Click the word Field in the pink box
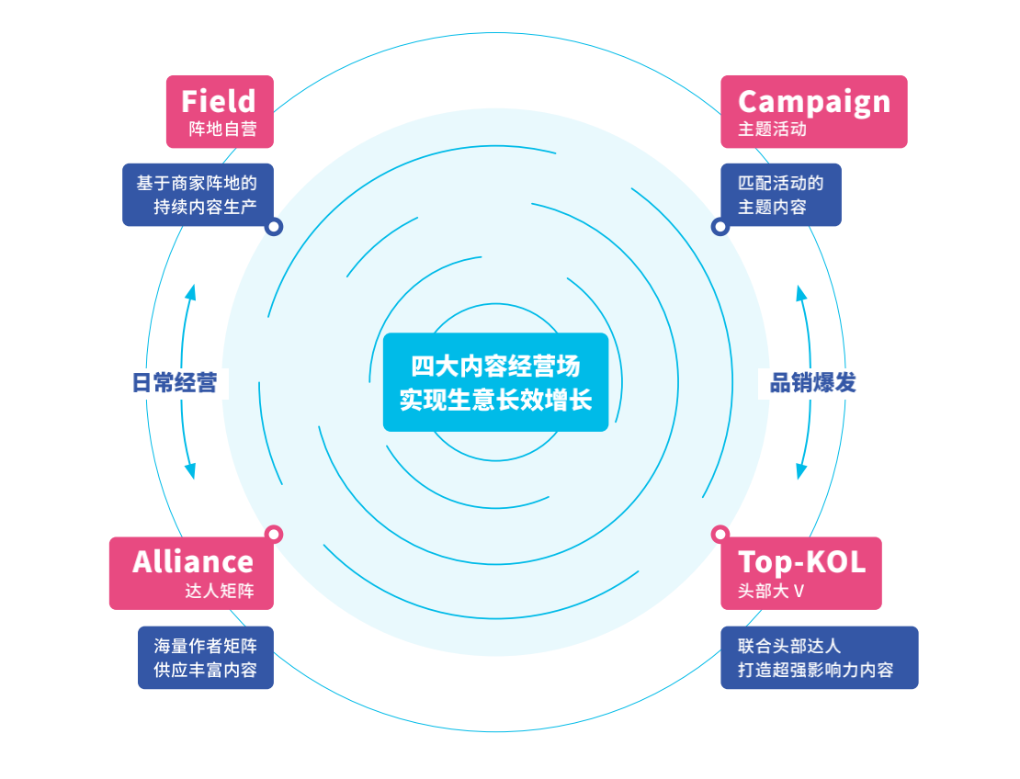pos(219,101)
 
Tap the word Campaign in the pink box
pos(813,101)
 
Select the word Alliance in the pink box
pos(193,561)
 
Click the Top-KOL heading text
pos(801,561)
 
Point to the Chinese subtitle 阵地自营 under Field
pos(222,130)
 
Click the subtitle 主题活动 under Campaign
pos(772,130)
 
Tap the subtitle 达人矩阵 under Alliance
pos(219,591)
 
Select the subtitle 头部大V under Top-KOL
pos(771,591)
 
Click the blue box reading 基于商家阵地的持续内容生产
pos(197,195)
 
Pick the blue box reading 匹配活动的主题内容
pos(780,195)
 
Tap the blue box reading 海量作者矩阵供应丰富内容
pos(206,658)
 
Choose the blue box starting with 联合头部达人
pos(819,658)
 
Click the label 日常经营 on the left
pos(175,383)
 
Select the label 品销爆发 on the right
pos(812,383)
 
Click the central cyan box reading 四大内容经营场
pos(495,382)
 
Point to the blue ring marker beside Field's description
pos(274,227)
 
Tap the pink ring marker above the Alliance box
pos(274,534)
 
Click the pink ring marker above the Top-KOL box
pos(720,534)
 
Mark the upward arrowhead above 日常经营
pos(191,292)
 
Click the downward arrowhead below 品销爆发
pos(801,471)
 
